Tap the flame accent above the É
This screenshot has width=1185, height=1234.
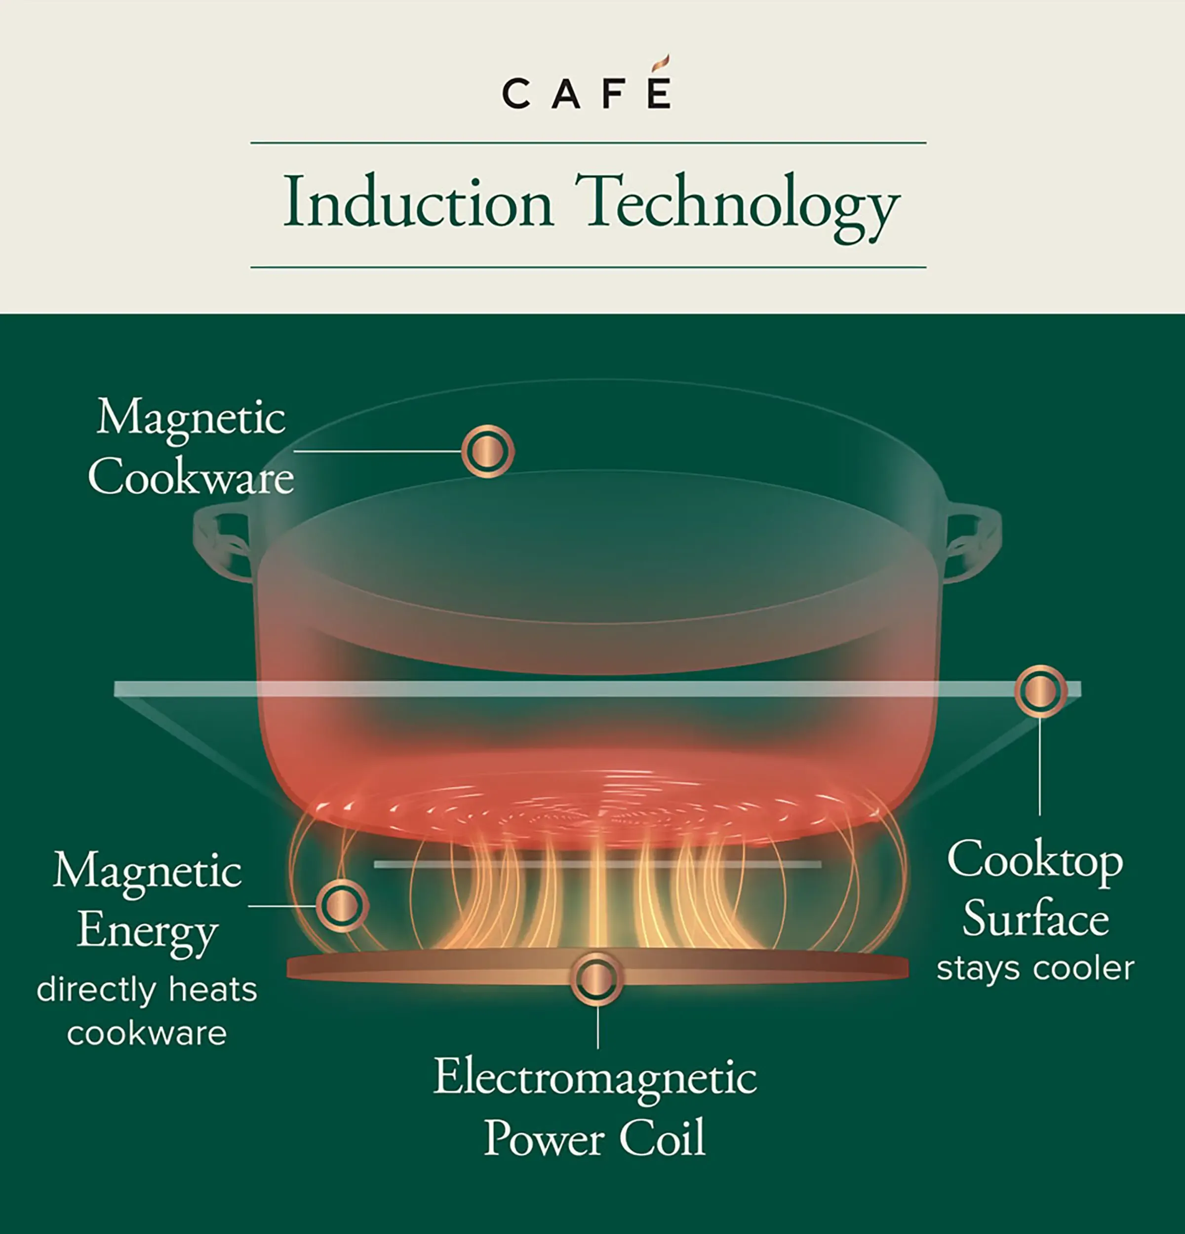660,64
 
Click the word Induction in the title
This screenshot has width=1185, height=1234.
418,203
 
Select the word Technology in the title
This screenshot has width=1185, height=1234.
737,205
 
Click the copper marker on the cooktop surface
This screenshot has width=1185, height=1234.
1039,691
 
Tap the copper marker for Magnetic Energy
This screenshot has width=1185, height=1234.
342,905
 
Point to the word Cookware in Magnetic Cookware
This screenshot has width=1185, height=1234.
191,477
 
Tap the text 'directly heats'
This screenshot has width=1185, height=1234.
147,989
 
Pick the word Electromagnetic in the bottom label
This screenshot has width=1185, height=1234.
595,1077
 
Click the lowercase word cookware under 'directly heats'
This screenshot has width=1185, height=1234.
147,1033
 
